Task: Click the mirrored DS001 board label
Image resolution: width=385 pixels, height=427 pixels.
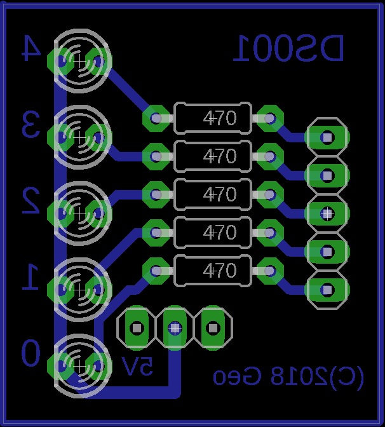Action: click(x=288, y=49)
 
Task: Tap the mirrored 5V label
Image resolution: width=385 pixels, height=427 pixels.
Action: click(x=138, y=367)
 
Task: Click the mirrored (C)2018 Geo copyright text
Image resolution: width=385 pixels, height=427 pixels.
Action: click(x=288, y=377)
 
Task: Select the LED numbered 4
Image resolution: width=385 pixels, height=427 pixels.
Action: click(x=80, y=61)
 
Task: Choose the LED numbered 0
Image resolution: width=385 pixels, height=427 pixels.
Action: click(x=80, y=364)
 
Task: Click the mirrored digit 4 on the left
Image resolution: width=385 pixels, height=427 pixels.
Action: click(x=30, y=48)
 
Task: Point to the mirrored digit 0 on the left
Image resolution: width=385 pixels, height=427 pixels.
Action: click(x=30, y=353)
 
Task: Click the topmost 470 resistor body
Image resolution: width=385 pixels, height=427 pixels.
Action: click(x=213, y=118)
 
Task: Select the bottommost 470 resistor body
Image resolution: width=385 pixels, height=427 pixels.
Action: click(x=213, y=271)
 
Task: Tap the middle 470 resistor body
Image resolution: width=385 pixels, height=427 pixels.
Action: click(x=213, y=194)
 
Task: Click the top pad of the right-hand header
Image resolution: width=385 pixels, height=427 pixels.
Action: click(x=327, y=137)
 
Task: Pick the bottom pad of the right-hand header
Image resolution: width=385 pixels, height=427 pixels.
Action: click(x=327, y=290)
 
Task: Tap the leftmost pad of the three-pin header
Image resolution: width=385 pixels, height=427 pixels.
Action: click(x=136, y=328)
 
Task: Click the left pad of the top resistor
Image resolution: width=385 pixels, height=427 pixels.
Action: click(x=156, y=118)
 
